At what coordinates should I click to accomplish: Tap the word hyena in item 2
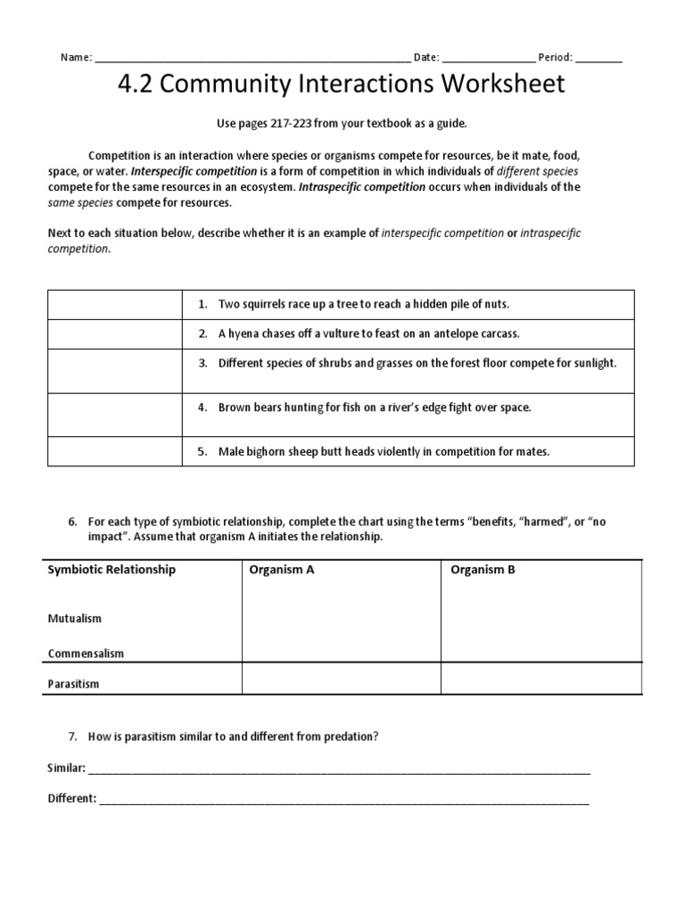[x=245, y=333]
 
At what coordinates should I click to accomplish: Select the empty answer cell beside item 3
[x=113, y=370]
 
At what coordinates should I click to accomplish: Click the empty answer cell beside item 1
[x=113, y=304]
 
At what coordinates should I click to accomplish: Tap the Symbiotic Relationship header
[x=111, y=570]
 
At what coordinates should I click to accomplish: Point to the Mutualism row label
[x=75, y=618]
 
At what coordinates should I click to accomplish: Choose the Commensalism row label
[x=86, y=653]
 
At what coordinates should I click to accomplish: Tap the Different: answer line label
[x=71, y=799]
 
